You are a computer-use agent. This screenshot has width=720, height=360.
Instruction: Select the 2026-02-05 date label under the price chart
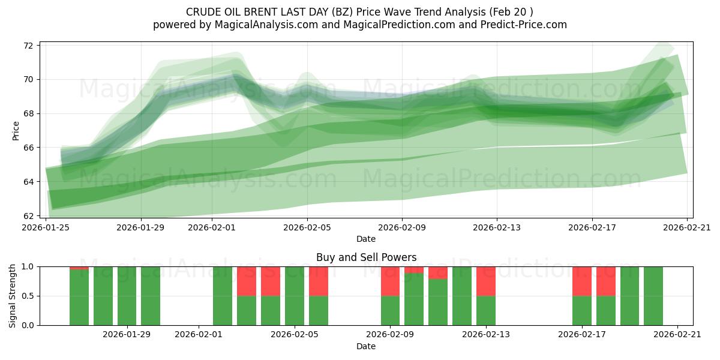[x=307, y=227]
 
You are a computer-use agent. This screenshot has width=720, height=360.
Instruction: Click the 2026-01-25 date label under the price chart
[x=46, y=227]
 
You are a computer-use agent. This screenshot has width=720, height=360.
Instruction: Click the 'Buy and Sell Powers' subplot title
[x=366, y=257]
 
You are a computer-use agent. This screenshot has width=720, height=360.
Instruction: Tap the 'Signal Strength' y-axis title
[x=13, y=296]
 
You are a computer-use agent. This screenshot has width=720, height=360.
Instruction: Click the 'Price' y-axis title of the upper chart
[x=16, y=130]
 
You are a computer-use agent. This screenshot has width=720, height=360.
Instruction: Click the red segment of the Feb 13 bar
[x=486, y=281]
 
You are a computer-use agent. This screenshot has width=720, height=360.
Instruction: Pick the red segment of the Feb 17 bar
[x=582, y=281]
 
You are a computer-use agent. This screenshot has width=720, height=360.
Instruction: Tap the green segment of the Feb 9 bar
[x=390, y=310]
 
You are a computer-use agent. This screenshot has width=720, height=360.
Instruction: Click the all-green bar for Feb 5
[x=295, y=296]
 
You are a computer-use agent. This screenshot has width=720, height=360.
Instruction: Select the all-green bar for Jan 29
[x=127, y=296]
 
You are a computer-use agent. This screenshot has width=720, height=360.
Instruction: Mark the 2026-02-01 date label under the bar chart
[x=198, y=335]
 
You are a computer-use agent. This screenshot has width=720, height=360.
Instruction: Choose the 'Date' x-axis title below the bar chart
[x=366, y=346]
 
